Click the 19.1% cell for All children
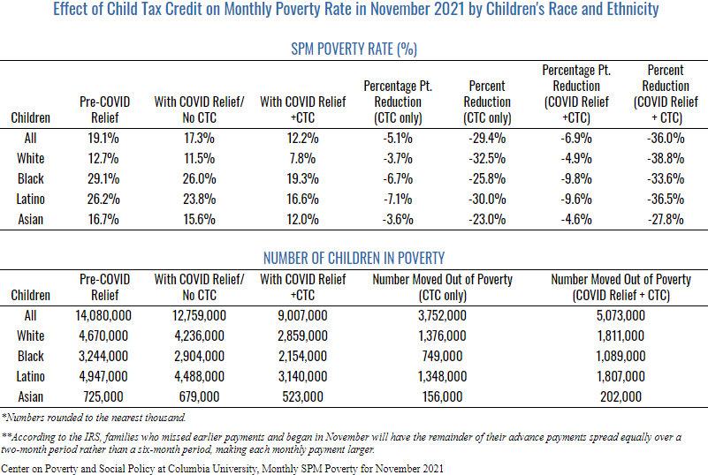click(x=103, y=138)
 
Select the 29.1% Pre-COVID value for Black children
click(x=103, y=178)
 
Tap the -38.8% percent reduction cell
click(x=666, y=158)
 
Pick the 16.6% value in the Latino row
click(x=302, y=199)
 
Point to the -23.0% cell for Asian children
click(x=487, y=219)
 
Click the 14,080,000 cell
click(x=103, y=315)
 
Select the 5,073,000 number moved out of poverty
click(x=620, y=315)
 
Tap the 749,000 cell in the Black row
click(x=442, y=356)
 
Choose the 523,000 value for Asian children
click(x=302, y=396)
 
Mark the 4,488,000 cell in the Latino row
click(x=199, y=376)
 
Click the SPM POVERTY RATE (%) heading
click(x=354, y=49)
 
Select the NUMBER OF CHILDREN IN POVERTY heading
click(x=354, y=258)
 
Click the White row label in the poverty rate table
click(x=31, y=158)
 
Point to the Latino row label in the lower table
click(x=31, y=376)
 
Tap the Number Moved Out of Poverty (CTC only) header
click(x=442, y=287)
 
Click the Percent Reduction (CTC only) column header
click(x=487, y=102)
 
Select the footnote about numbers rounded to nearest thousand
click(x=94, y=418)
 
